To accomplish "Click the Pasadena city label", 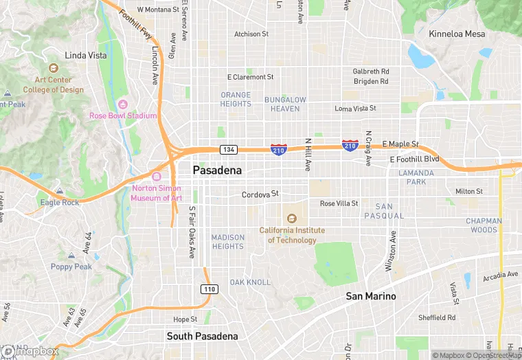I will [x=222, y=170].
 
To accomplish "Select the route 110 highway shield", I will [x=210, y=289].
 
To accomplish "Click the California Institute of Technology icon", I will [x=292, y=218].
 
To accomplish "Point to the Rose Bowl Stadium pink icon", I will [x=123, y=104].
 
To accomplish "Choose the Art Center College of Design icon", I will [x=53, y=69].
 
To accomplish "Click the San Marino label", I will [x=370, y=296].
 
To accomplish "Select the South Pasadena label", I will [x=203, y=336].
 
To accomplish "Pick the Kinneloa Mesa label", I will [x=457, y=34].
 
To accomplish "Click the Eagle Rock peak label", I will [x=60, y=202].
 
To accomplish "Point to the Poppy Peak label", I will [x=71, y=267].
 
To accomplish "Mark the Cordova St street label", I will [x=260, y=194].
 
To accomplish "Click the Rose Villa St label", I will [x=339, y=203].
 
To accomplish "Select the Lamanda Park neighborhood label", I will [x=416, y=177].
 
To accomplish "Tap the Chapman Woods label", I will [x=484, y=225].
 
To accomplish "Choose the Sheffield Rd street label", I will [x=437, y=317].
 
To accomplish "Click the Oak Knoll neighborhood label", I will [x=250, y=282].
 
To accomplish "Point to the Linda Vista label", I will [x=85, y=55].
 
